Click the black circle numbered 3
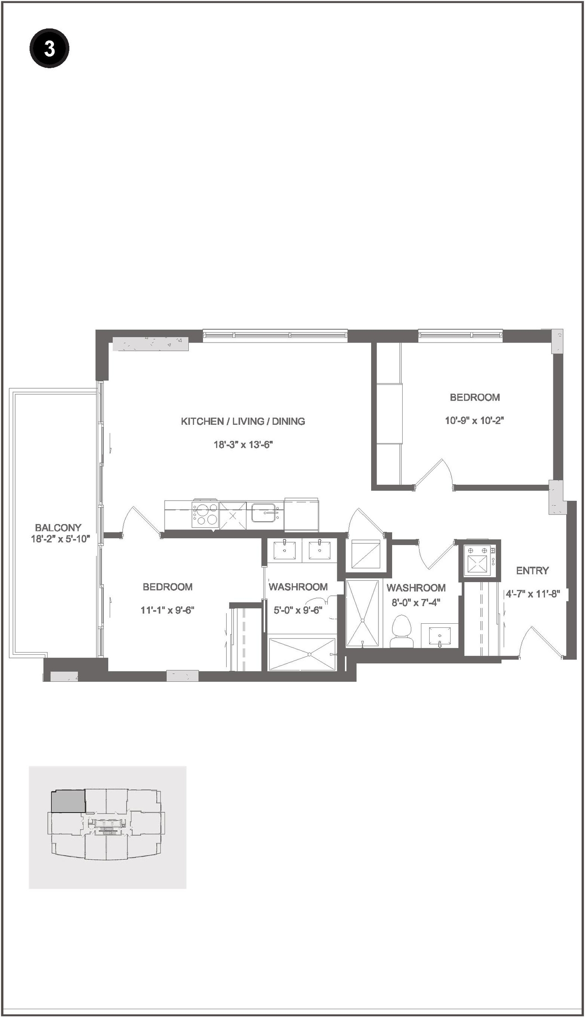tap(49, 48)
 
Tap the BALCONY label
tap(58, 528)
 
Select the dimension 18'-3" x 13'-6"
tap(243, 444)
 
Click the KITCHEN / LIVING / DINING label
tap(243, 421)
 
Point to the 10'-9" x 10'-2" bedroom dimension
tap(474, 420)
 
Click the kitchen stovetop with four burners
tap(205, 515)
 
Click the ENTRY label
tap(532, 570)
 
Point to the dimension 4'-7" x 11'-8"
tap(532, 594)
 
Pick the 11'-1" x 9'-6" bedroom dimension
tap(168, 610)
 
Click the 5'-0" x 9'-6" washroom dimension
tap(298, 610)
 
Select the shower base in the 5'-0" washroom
tap(302, 654)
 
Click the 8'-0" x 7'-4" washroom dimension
tap(416, 603)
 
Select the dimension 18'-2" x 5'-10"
tap(60, 539)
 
